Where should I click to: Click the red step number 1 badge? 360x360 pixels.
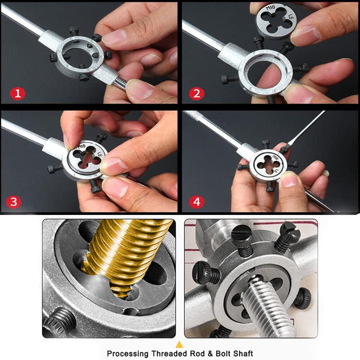pyautogui.click(x=17, y=92)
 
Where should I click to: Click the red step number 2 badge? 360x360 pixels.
pyautogui.click(x=196, y=92)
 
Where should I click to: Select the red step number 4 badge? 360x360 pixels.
pyautogui.click(x=196, y=201)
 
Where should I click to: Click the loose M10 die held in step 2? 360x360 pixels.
pyautogui.click(x=274, y=22)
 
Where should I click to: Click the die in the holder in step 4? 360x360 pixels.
pyautogui.click(x=268, y=164)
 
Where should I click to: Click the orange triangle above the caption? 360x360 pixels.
pyautogui.click(x=180, y=343)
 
